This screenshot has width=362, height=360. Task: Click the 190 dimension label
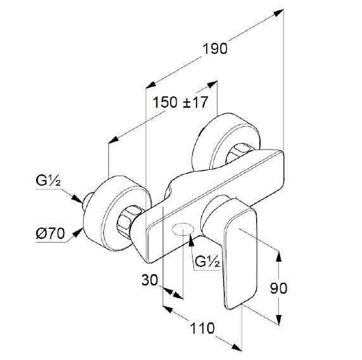215,49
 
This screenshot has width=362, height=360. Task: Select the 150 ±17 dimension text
180,102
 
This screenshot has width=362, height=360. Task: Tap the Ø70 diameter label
50,233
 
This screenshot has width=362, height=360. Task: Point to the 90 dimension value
279,288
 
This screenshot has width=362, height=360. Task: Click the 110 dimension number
202,328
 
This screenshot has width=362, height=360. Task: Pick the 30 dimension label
150,280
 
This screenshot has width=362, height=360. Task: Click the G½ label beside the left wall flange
48,181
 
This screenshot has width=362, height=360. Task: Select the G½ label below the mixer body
207,262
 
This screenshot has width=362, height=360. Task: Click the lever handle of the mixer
240,254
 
